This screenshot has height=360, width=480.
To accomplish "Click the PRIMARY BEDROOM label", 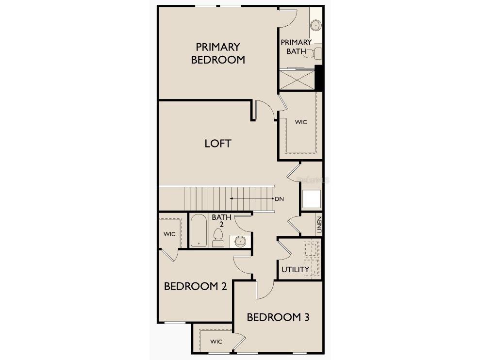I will (218, 53).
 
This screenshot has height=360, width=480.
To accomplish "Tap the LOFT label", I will (217, 144).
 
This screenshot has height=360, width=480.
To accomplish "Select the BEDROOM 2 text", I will (195, 286).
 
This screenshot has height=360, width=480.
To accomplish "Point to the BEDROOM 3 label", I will (278, 317).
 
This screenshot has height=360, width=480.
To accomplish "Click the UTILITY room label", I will (295, 269).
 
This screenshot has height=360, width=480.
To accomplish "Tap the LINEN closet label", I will (319, 225).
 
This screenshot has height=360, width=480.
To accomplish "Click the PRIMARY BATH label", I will (296, 47).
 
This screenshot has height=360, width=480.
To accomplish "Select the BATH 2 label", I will (221, 221).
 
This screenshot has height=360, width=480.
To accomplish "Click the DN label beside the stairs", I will (279, 199).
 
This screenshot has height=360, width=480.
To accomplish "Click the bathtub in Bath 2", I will (198, 231).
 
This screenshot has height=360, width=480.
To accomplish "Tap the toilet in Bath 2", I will (218, 238).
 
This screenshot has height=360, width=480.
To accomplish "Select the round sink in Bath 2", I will (240, 240).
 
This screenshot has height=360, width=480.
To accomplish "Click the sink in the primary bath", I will (315, 24).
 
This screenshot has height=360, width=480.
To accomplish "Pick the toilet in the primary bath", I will (317, 52).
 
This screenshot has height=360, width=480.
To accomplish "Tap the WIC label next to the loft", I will (301, 122).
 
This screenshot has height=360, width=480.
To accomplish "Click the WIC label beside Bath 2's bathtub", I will (169, 234).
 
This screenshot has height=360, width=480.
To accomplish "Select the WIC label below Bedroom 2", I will (216, 342).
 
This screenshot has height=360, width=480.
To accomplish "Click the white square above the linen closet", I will (311, 199).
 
